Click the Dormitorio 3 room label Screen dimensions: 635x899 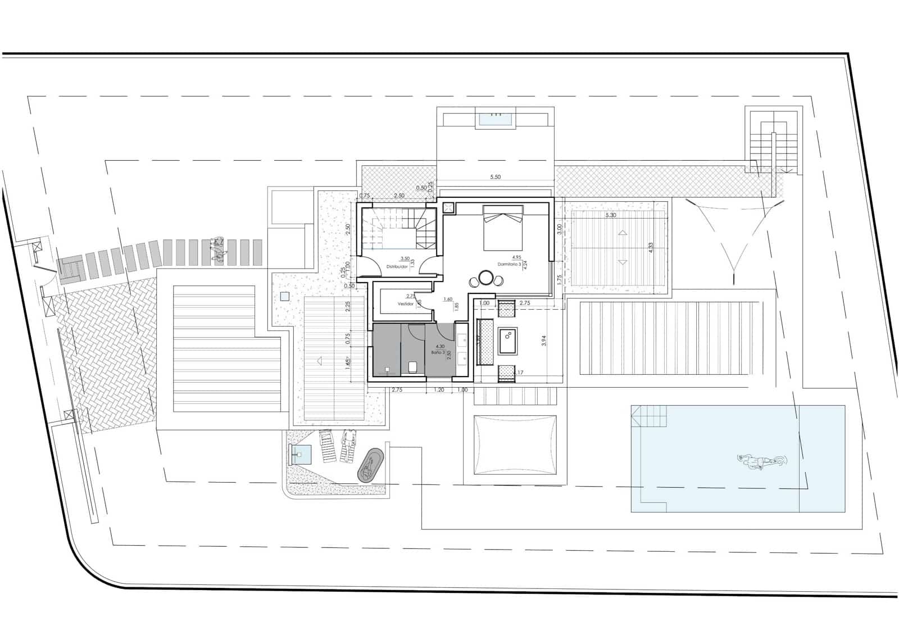(x=509, y=264)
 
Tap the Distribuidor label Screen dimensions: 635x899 (x=396, y=266)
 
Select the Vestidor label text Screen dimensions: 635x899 (x=405, y=303)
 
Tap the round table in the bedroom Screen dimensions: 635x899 (x=485, y=278)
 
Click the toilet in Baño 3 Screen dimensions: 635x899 (x=412, y=366)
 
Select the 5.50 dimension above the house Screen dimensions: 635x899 (x=495, y=177)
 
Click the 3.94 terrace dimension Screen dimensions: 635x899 (x=543, y=340)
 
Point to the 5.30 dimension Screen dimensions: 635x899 (x=611, y=215)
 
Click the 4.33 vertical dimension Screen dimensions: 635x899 (x=651, y=248)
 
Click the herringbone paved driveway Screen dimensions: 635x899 (x=107, y=354)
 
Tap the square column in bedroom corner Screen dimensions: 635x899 (x=449, y=208)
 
